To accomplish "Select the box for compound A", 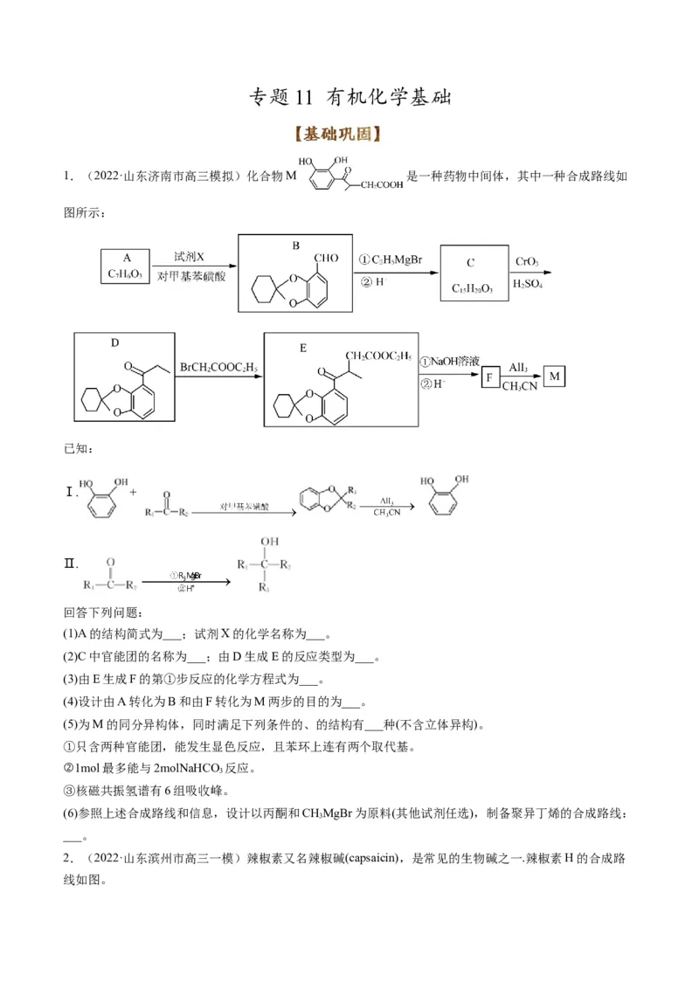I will tap(126, 266).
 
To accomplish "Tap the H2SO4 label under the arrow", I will tap(528, 284).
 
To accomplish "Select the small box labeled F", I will tap(493, 377).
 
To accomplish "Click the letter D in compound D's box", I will tap(114, 343).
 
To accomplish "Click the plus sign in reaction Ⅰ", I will tap(134, 492).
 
